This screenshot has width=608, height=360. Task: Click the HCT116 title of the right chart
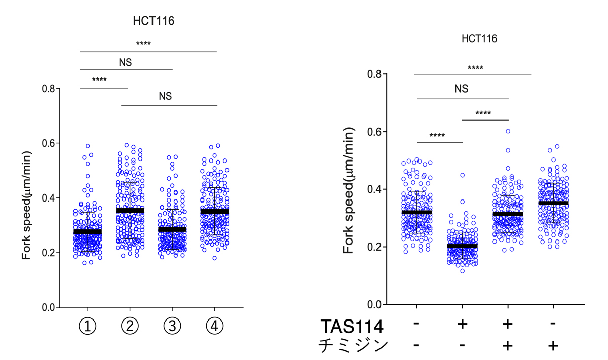click(x=479, y=38)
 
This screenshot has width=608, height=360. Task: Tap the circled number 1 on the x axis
click(x=88, y=327)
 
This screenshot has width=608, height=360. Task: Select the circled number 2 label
click(x=130, y=327)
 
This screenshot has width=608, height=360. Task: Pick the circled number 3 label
click(x=172, y=327)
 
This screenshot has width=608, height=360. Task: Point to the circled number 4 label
click(x=214, y=327)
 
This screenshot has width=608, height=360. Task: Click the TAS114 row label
click(x=353, y=326)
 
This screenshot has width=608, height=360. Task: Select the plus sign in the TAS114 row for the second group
click(x=462, y=324)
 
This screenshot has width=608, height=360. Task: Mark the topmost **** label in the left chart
click(x=143, y=44)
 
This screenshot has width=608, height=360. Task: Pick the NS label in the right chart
click(x=461, y=89)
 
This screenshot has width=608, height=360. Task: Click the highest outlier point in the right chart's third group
click(x=508, y=131)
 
